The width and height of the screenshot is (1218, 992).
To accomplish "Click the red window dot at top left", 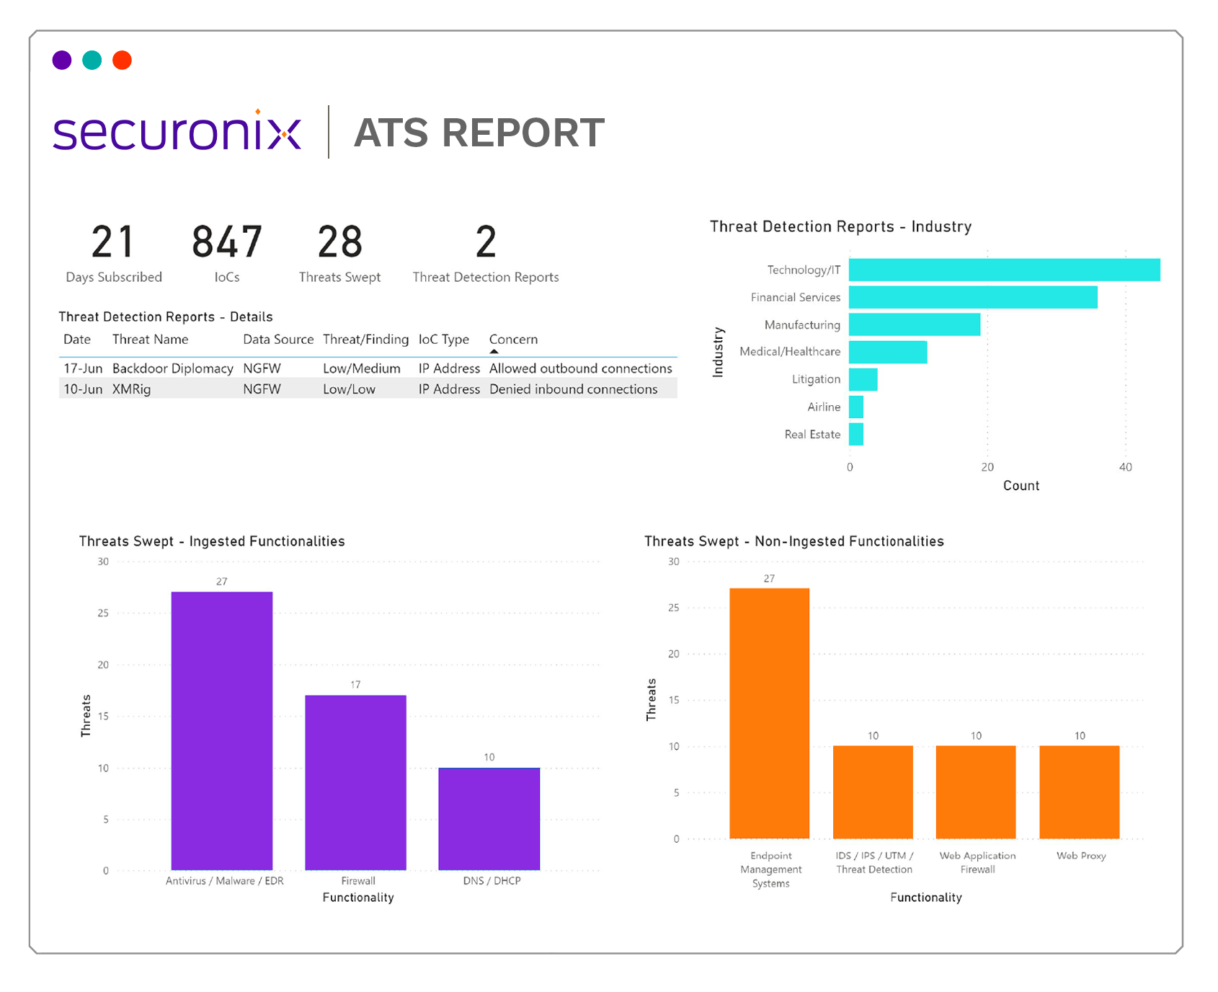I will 123,61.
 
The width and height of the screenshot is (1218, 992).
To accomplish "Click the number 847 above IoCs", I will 226,242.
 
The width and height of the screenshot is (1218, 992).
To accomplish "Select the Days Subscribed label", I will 114,278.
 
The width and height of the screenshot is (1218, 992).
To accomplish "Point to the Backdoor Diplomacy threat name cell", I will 172,368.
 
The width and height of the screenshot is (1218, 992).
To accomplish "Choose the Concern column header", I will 513,340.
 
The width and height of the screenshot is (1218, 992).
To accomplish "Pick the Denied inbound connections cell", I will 573,389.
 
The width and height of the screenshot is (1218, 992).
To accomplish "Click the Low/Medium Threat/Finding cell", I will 361,368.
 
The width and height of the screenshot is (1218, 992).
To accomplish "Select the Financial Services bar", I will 972,298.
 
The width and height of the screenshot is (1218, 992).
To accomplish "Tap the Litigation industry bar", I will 863,380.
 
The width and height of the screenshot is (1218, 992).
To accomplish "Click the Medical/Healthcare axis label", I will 789,352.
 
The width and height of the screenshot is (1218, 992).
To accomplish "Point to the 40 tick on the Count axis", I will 1125,467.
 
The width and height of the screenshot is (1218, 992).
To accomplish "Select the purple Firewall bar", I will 355,782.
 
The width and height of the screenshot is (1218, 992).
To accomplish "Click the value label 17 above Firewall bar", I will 355,685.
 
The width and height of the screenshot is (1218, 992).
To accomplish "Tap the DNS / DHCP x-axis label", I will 492,881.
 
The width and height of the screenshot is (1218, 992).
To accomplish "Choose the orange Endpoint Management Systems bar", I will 769,714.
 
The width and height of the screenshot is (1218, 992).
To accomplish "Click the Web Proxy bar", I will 1079,792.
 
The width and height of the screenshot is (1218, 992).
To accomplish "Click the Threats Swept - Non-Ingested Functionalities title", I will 794,541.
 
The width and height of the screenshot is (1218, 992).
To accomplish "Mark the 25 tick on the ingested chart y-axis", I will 103,614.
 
